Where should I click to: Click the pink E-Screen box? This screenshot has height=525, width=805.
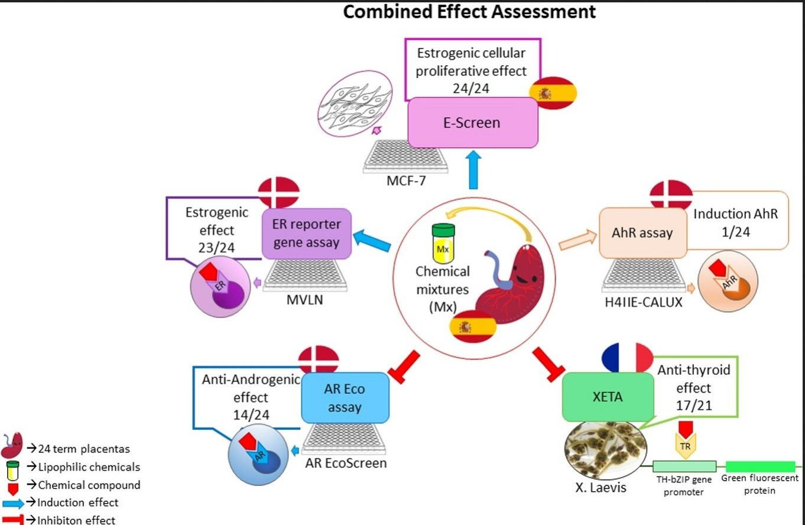click(x=473, y=123)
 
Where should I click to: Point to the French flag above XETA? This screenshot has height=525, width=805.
click(x=627, y=357)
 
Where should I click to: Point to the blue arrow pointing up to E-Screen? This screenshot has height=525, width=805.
click(x=472, y=169)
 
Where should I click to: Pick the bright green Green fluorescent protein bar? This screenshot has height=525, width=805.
click(x=760, y=466)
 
